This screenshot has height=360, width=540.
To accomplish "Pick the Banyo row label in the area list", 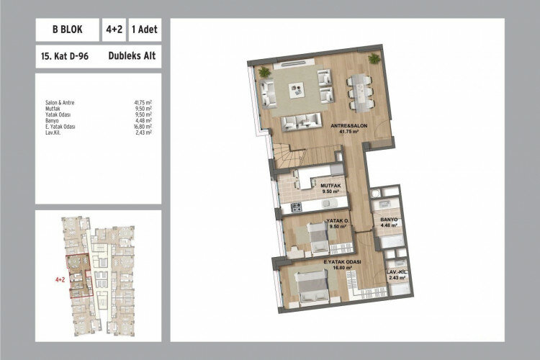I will tap(52, 120).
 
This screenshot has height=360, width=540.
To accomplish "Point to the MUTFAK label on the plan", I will tap(330, 186).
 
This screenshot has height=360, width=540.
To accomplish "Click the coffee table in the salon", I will tap(296, 90).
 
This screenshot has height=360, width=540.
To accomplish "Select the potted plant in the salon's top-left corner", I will tap(264, 71).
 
